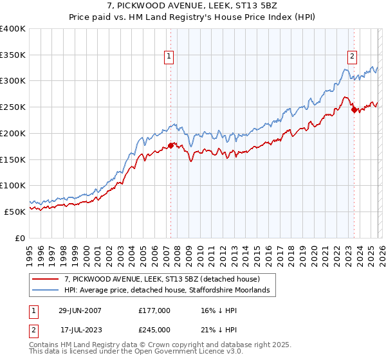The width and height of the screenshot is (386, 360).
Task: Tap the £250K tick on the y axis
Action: [x=13, y=107]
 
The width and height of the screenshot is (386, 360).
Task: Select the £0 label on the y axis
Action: [x=20, y=237]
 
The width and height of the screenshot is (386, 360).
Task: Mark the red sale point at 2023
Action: [x=354, y=110]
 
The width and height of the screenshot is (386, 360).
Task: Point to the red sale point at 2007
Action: [x=171, y=145]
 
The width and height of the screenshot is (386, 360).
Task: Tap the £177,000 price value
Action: [x=154, y=310]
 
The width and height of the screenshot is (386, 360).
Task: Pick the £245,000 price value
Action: [x=154, y=330]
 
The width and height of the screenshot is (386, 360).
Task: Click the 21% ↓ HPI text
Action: [x=219, y=330]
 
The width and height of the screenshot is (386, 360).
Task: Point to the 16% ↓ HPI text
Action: [x=219, y=310]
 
